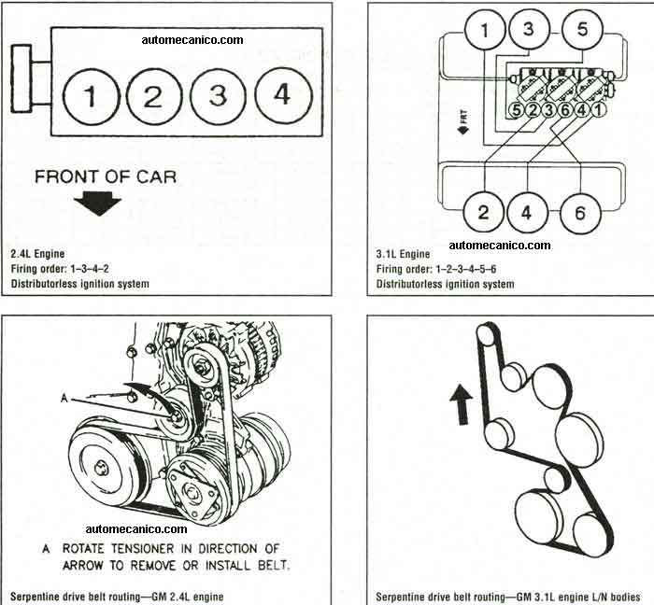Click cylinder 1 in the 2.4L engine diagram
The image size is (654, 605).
click(x=92, y=96)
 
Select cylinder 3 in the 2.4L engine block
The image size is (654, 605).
click(x=218, y=95)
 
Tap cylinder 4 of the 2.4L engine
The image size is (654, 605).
click(x=283, y=94)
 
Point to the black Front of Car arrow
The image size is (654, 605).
click(x=97, y=204)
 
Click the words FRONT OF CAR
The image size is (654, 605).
click(x=106, y=176)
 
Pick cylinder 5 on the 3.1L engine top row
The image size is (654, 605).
click(x=582, y=30)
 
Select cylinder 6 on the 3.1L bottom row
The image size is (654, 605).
click(x=580, y=213)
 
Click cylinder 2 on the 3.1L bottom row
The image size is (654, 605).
click(x=484, y=212)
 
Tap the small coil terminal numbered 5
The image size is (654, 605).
click(x=517, y=110)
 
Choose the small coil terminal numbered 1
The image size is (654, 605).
click(x=598, y=110)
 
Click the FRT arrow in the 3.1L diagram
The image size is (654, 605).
click(x=463, y=121)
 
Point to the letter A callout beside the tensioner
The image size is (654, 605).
click(x=64, y=399)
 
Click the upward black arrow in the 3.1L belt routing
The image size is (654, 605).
click(x=462, y=404)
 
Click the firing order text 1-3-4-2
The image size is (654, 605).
click(x=90, y=269)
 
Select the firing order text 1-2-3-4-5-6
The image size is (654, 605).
click(x=466, y=269)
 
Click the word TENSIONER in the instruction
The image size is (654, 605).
click(x=142, y=549)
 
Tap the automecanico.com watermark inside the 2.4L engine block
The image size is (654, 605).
click(x=192, y=40)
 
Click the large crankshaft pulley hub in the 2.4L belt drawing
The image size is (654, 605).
click(x=101, y=468)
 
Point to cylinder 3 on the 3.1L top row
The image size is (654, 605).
click(x=528, y=29)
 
